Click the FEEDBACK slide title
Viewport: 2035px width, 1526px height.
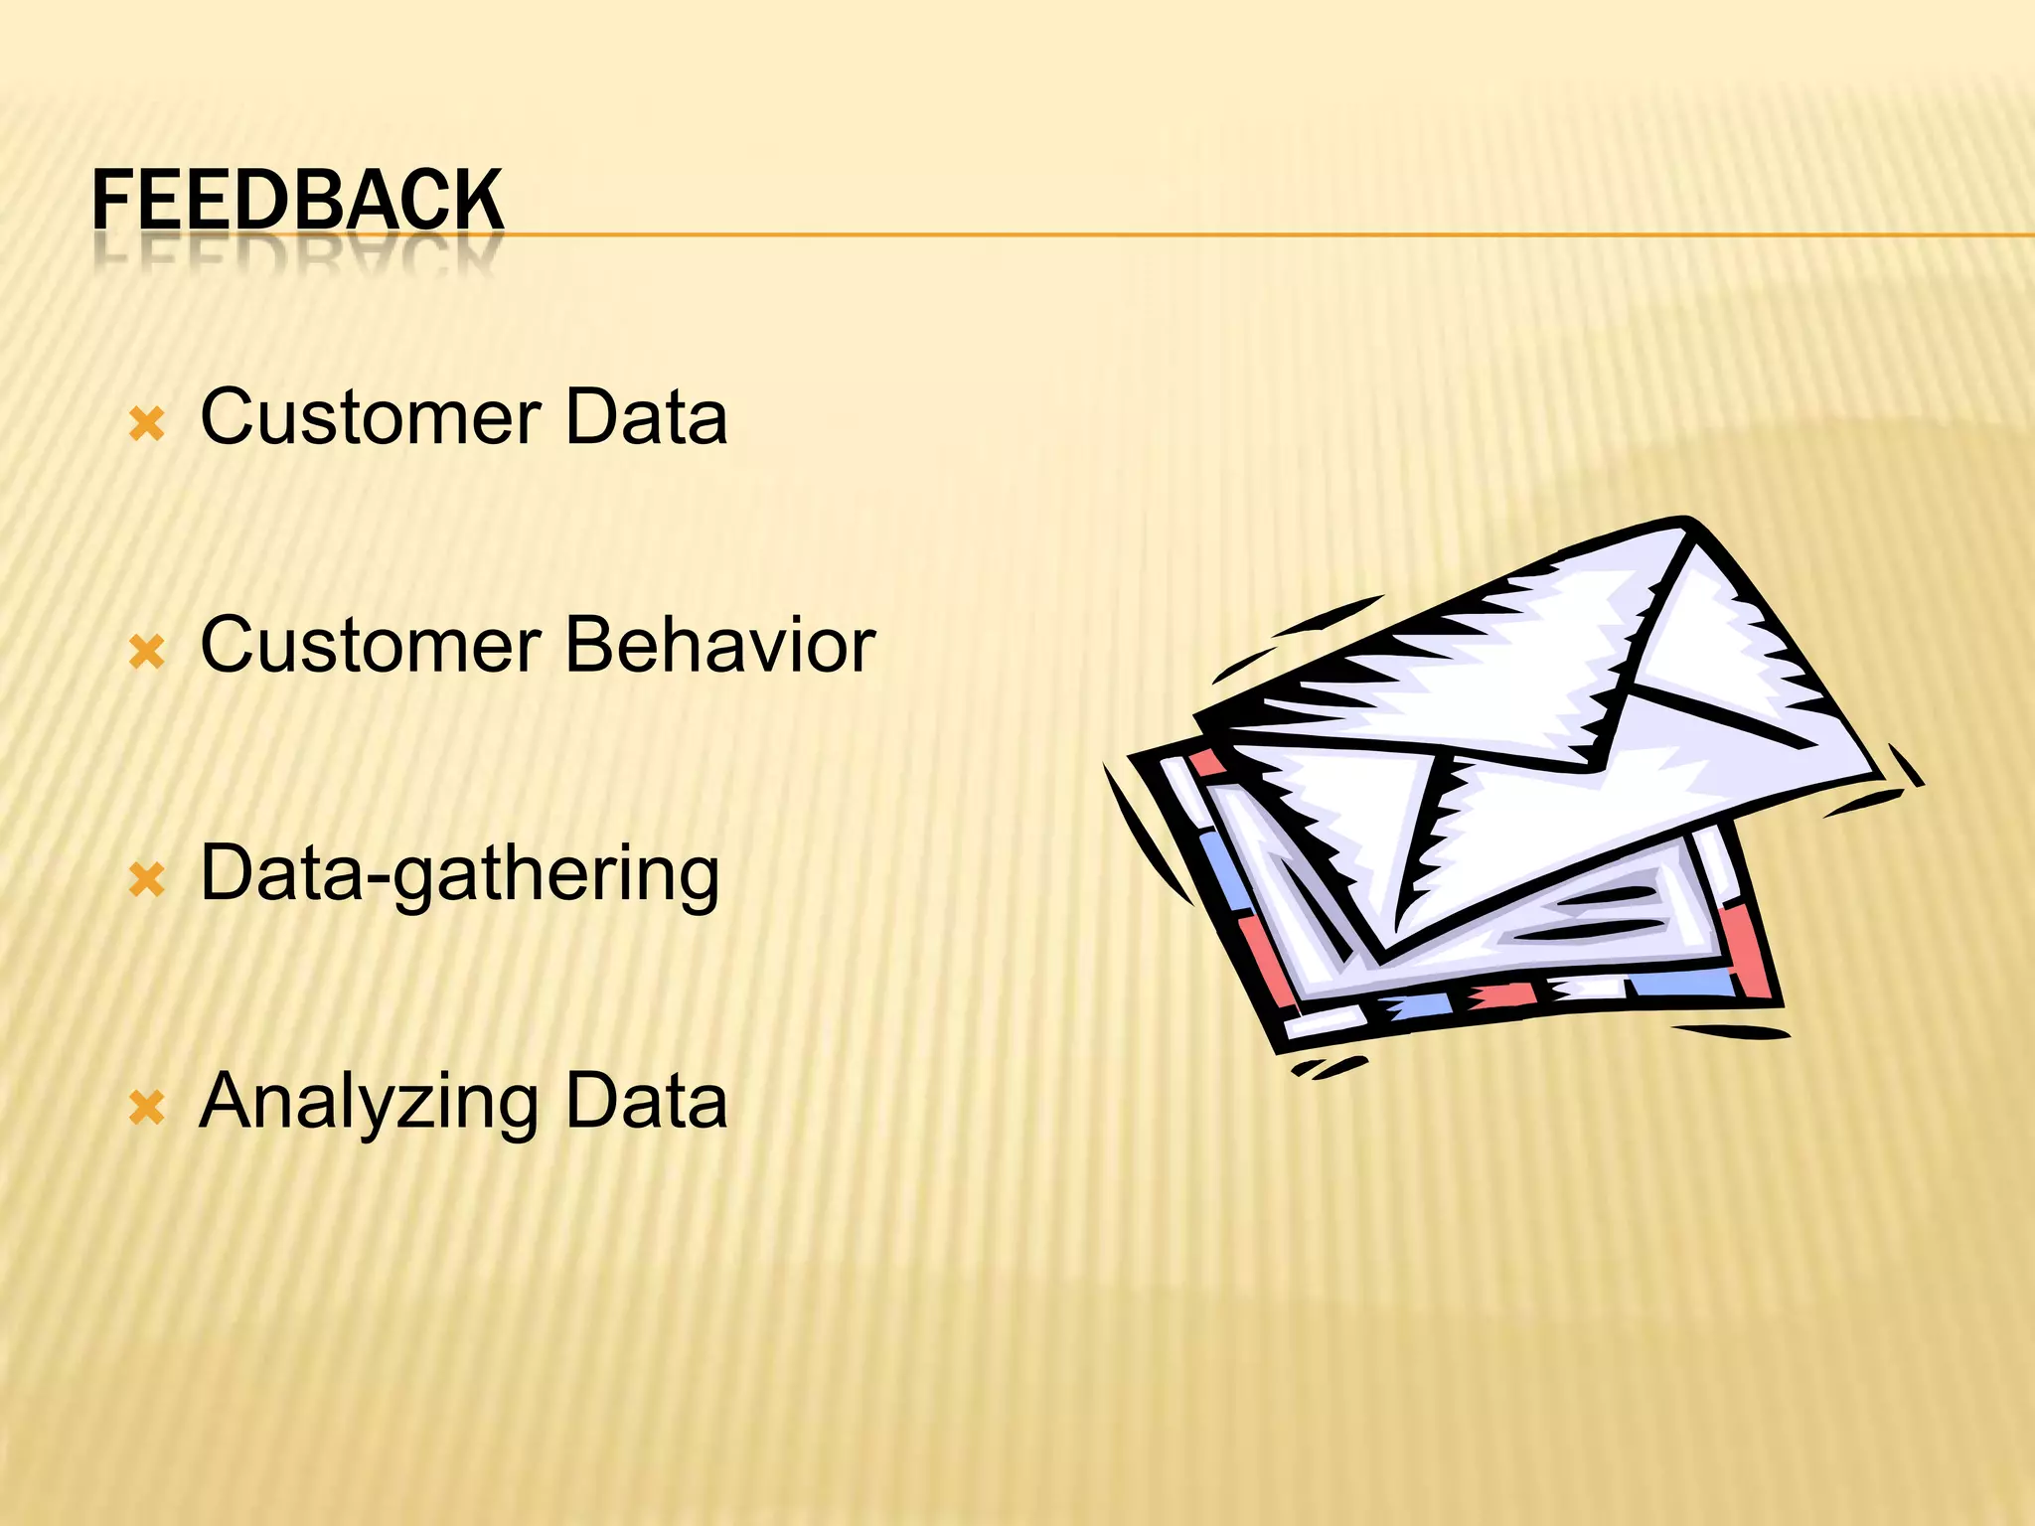coord(298,201)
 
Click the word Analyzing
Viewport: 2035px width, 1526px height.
coord(370,1103)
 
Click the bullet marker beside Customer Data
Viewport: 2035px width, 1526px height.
coord(147,425)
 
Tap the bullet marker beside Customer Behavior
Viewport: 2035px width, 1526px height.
coord(147,653)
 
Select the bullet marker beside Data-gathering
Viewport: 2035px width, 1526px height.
coord(147,880)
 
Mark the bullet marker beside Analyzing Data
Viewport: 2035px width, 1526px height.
coord(147,1108)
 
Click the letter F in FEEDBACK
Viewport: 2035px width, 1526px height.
coord(110,201)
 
